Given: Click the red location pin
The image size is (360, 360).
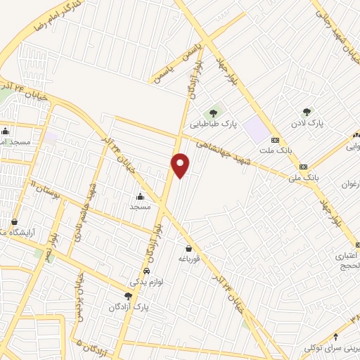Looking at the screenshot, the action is click(x=181, y=165).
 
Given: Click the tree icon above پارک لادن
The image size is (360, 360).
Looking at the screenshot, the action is click(x=307, y=111).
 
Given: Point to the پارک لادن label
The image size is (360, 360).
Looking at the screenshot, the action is click(x=309, y=123).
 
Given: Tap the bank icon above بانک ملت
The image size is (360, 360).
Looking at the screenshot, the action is click(x=276, y=139).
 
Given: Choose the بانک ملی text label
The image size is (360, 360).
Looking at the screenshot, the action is click(x=304, y=179).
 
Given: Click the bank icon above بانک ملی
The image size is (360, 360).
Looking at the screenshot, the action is click(x=304, y=167).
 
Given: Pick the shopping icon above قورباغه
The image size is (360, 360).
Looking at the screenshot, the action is click(x=188, y=247).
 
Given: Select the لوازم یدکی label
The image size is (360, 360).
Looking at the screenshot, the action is click(x=146, y=282).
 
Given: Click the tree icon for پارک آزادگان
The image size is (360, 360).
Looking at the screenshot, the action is click(x=127, y=296).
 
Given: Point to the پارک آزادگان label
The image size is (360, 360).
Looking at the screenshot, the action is click(x=129, y=308).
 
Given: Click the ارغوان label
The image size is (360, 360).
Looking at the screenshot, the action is click(x=349, y=184).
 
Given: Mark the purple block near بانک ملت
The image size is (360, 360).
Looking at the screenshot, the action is click(x=257, y=130).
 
